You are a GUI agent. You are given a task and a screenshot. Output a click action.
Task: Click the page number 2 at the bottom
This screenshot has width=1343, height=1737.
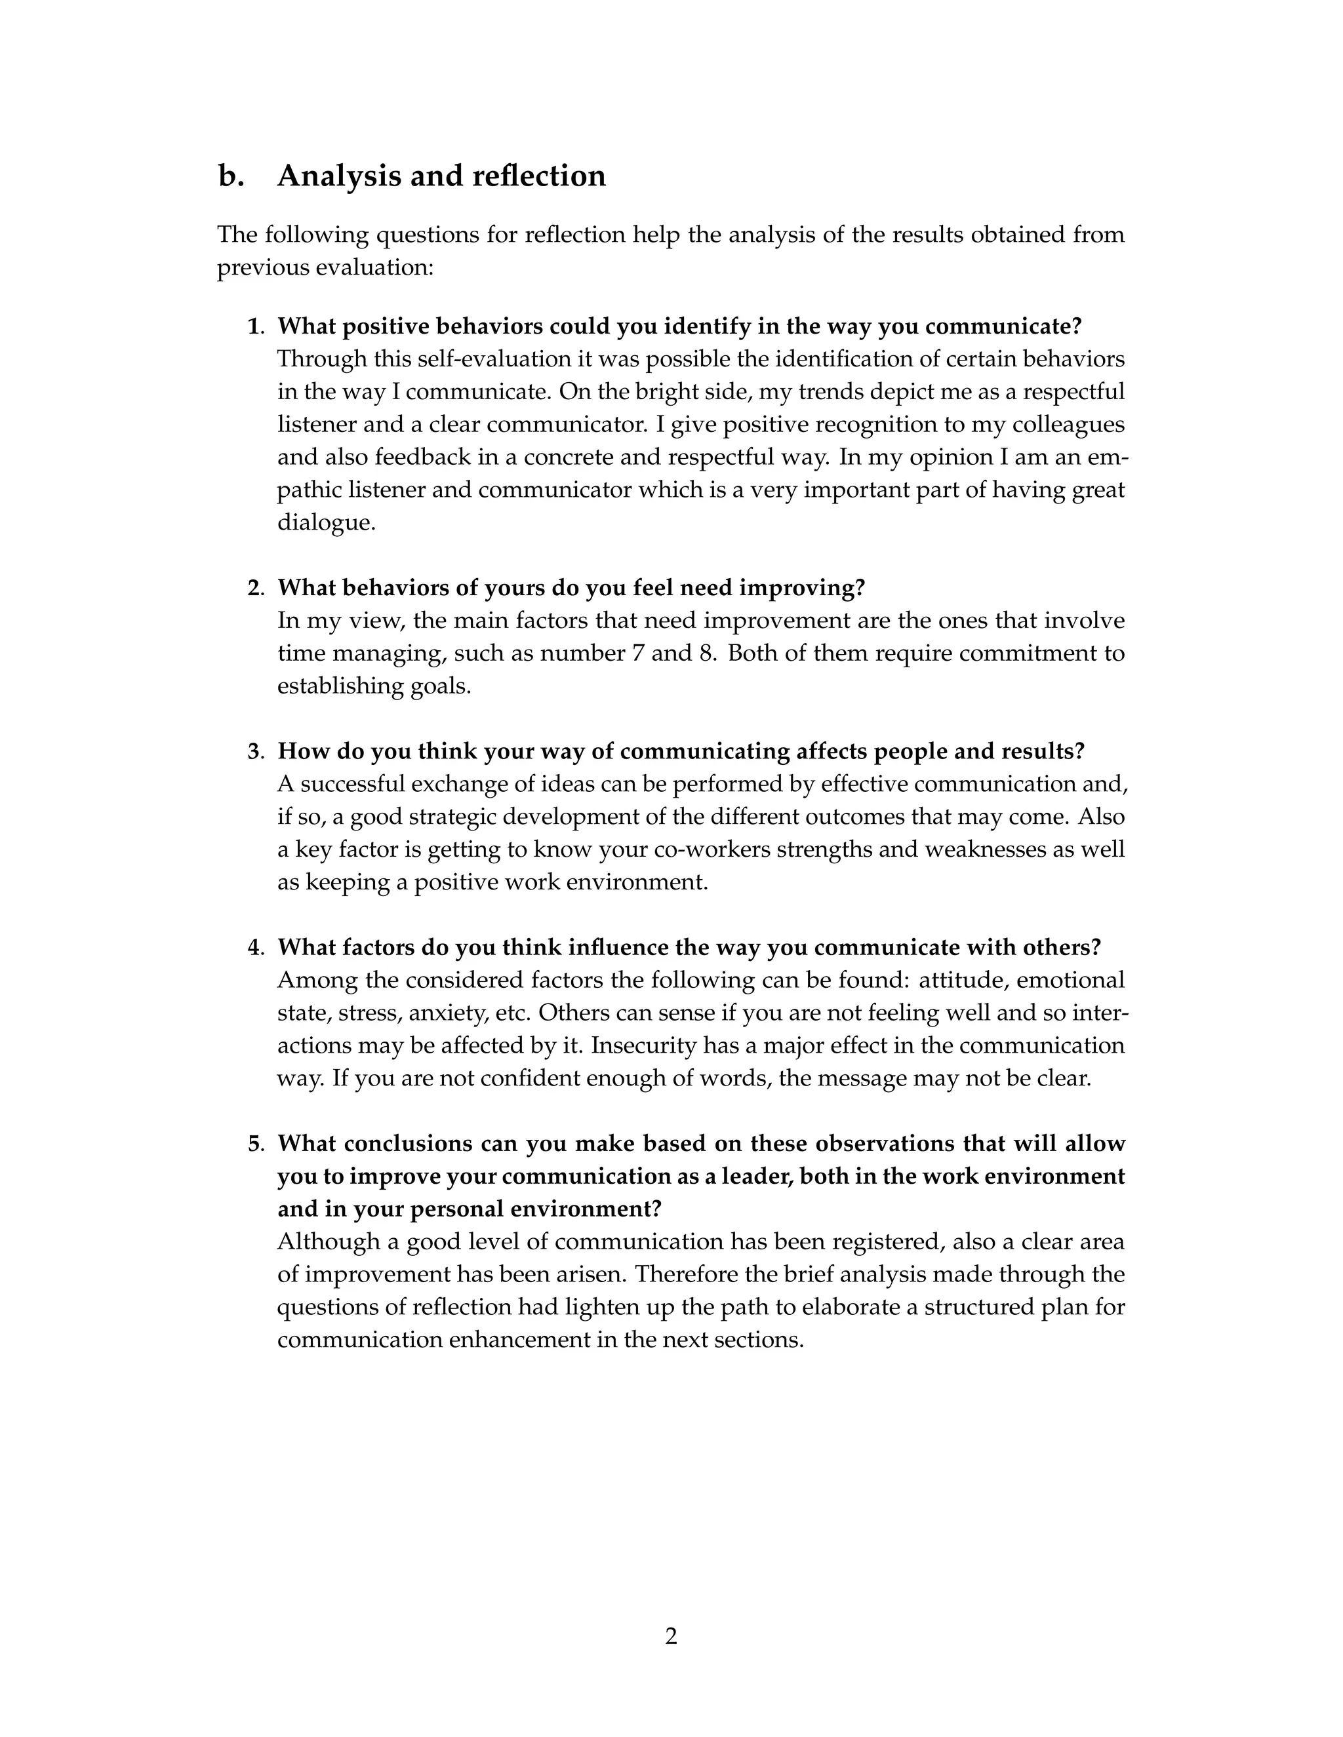[x=671, y=1637]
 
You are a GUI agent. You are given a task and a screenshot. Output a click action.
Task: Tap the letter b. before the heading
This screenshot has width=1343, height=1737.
[x=231, y=176]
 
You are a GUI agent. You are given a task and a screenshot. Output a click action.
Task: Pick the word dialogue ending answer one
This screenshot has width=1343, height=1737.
[x=325, y=522]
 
